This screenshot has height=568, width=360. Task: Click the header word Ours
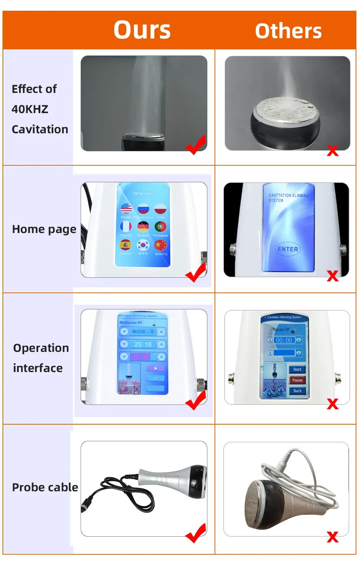tap(142, 30)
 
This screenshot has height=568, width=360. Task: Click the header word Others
tap(288, 31)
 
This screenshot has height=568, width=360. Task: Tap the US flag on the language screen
tap(126, 208)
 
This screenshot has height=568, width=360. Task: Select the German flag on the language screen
tap(143, 227)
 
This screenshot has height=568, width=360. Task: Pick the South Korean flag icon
tap(143, 245)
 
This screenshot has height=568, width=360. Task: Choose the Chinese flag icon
tap(160, 245)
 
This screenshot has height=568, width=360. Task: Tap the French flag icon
tap(126, 227)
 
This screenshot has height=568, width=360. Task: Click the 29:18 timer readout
tap(143, 344)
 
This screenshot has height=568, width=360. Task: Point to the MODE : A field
tap(143, 332)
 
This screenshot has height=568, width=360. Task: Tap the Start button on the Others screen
tap(297, 369)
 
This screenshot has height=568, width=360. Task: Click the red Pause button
tap(297, 380)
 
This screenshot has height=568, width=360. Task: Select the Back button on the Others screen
tap(297, 391)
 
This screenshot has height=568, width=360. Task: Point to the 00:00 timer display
tap(284, 340)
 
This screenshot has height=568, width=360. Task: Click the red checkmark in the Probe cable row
tap(196, 533)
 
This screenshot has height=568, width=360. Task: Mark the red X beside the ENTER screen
tap(333, 276)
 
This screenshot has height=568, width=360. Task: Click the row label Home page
tap(44, 229)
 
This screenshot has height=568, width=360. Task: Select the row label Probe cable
tap(45, 487)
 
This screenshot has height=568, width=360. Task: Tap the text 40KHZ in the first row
tap(30, 109)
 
